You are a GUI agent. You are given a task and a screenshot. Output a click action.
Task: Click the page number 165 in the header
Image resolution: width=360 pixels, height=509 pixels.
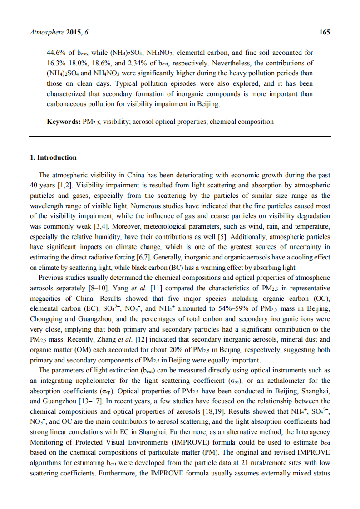coord(325,32)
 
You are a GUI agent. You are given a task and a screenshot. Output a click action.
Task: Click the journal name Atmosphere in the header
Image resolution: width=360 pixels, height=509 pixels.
coord(44,32)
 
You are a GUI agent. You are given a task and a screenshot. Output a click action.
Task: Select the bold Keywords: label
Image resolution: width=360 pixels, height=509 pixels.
coord(64,122)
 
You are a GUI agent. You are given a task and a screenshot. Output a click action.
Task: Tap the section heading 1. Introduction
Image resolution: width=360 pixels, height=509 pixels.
coord(53,157)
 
